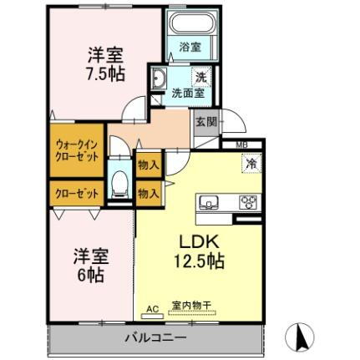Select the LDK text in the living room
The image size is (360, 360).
tap(198, 241)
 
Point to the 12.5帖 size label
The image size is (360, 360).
tap(198, 261)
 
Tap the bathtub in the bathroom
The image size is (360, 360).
tap(190, 29)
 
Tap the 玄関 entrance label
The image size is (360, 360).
tap(205, 122)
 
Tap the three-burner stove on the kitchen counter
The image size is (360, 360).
tap(248, 202)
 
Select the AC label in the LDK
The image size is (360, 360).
tap(152, 308)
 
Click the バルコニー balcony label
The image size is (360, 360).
tap(156, 337)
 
